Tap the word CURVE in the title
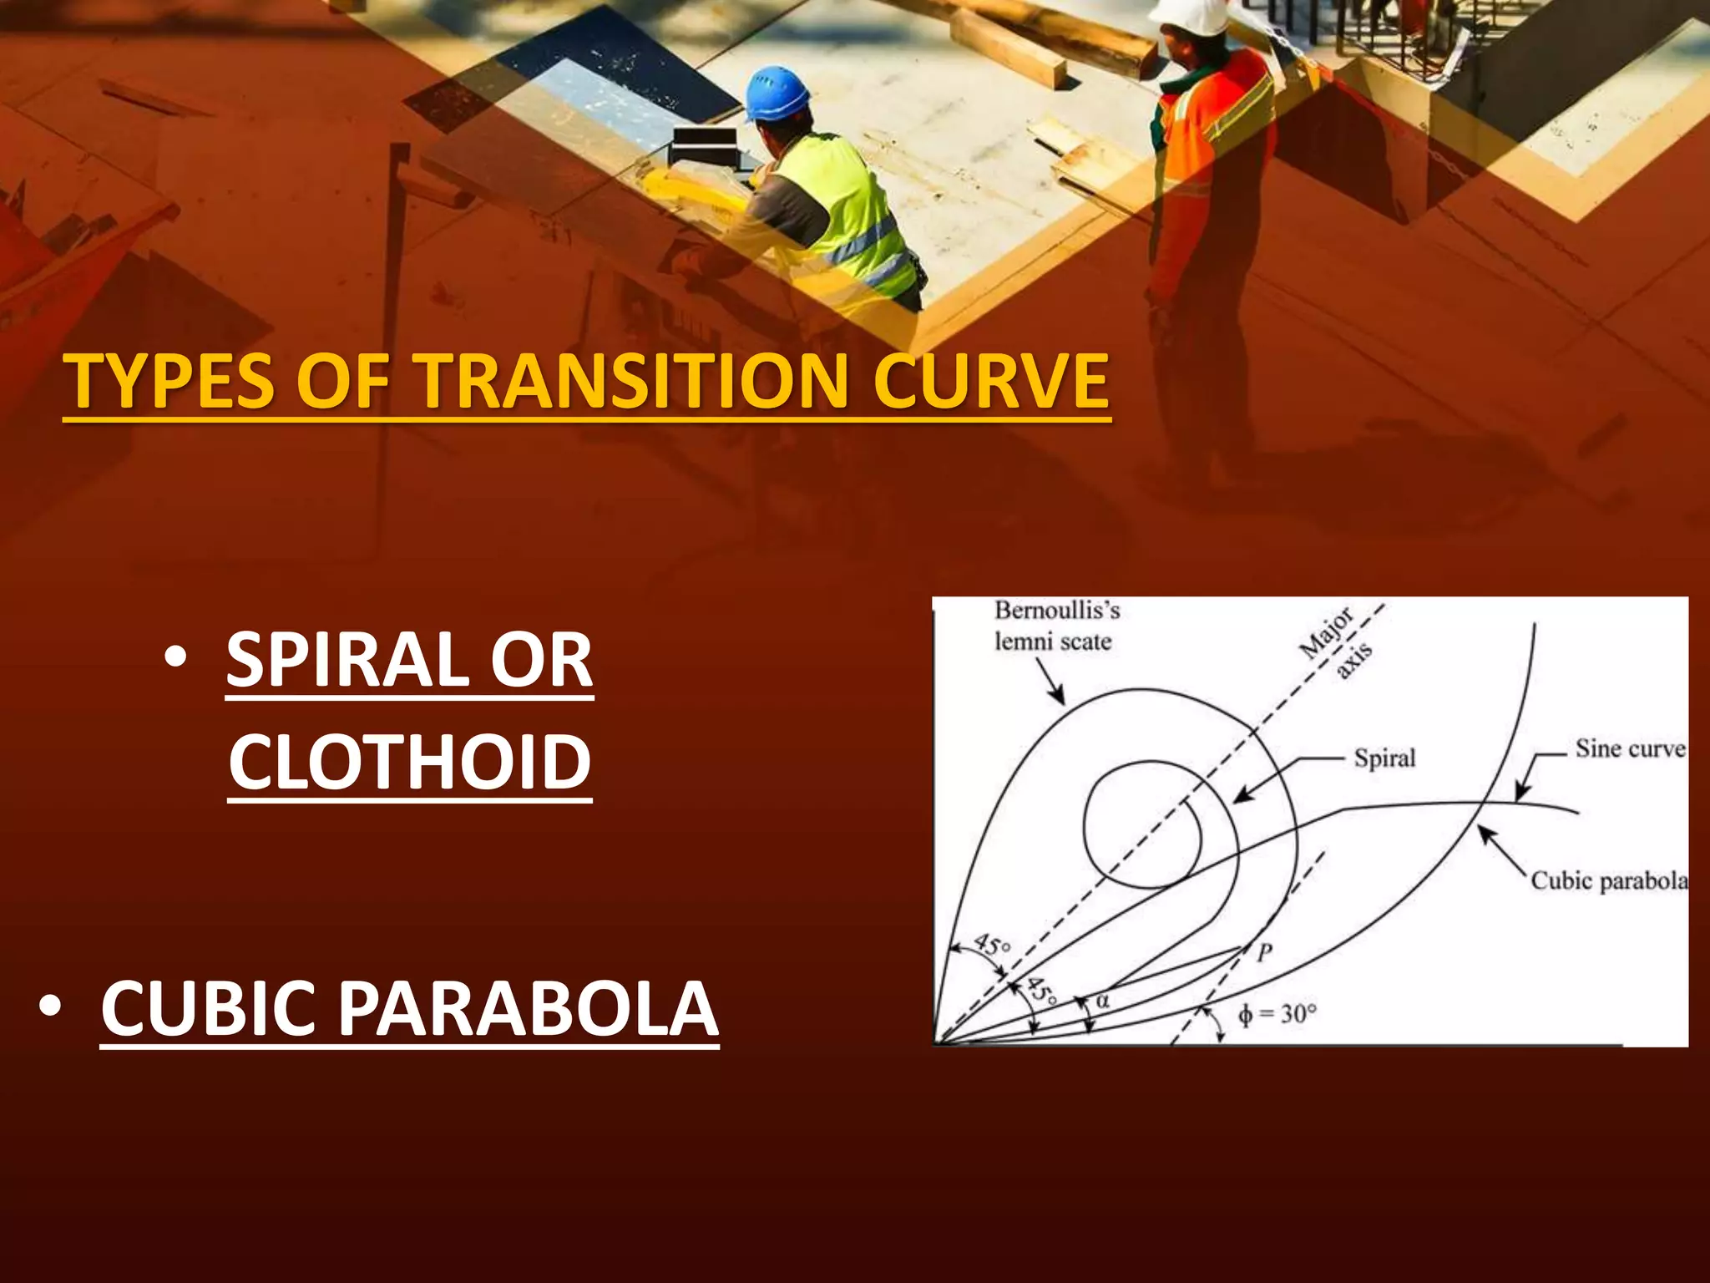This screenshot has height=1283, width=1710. [991, 382]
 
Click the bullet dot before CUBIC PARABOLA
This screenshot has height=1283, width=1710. [49, 1007]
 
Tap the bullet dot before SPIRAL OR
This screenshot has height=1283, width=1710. [175, 659]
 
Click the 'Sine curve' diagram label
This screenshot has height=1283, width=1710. [1629, 748]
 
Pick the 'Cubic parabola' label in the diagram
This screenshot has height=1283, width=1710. [1608, 881]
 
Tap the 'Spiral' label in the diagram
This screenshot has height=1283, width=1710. [1384, 758]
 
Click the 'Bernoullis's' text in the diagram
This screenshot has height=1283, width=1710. [1056, 611]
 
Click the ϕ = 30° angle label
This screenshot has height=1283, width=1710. [1277, 1014]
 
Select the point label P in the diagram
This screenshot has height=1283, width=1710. [1265, 952]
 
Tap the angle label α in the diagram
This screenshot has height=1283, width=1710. [1102, 999]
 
